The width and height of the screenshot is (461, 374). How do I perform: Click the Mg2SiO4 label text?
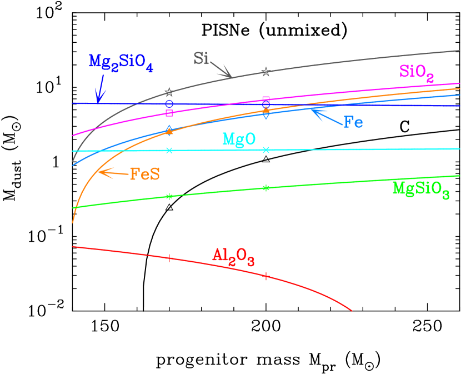[121, 62]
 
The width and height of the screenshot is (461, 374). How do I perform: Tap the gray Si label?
[201, 58]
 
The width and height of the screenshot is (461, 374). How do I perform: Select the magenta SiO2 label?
[416, 72]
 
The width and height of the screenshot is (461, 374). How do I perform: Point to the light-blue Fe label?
[353, 122]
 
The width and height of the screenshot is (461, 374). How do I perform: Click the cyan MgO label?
[239, 139]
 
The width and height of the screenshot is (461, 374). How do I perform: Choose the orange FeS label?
[144, 174]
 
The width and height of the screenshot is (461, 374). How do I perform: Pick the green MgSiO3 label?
[420, 189]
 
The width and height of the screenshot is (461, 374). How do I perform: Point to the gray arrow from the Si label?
[221, 70]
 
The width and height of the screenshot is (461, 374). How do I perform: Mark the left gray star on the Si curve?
[169, 92]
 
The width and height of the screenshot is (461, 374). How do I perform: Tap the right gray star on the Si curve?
[266, 72]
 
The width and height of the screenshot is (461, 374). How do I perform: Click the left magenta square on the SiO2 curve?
[169, 113]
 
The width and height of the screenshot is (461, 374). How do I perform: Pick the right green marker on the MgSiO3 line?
[266, 188]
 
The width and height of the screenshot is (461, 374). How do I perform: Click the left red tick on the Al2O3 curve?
[169, 257]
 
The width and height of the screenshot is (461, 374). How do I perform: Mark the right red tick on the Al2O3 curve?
[266, 276]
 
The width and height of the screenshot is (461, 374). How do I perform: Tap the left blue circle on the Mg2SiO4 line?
[169, 103]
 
